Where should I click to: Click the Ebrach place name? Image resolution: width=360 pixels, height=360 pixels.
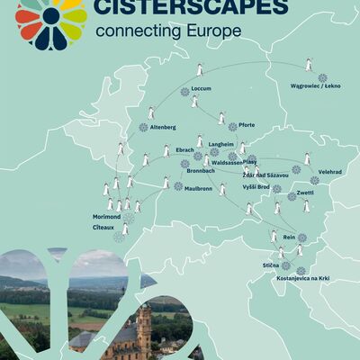185,149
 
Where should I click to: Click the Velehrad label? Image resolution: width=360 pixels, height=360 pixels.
329,169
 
